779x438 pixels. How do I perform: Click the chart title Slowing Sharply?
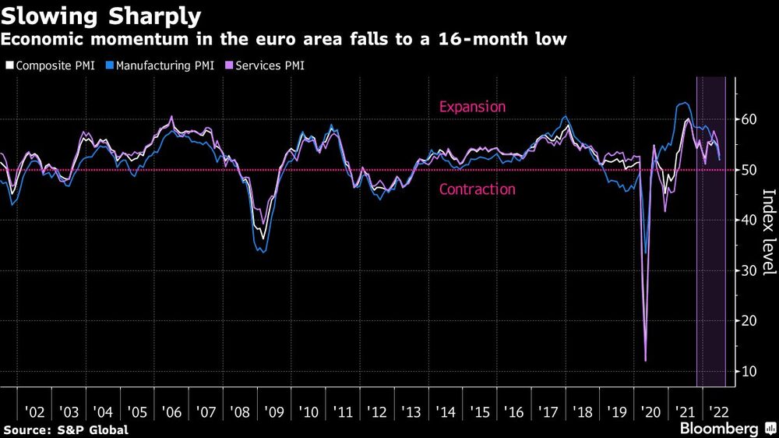(101, 16)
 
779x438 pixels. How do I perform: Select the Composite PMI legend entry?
(50, 65)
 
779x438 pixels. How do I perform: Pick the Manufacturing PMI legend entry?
(159, 65)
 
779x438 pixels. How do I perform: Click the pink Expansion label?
(472, 107)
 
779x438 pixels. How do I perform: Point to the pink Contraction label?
(477, 189)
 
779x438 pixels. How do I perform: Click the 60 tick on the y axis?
(748, 119)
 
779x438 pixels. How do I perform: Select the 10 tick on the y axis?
(748, 371)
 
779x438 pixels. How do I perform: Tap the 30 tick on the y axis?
(748, 270)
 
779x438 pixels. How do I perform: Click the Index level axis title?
(768, 232)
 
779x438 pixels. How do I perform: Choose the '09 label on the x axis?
(273, 411)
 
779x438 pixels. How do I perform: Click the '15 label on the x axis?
(480, 411)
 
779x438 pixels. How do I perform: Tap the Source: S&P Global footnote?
(65, 429)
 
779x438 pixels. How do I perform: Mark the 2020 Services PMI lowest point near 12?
(646, 361)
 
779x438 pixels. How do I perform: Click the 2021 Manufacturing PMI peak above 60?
(682, 103)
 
